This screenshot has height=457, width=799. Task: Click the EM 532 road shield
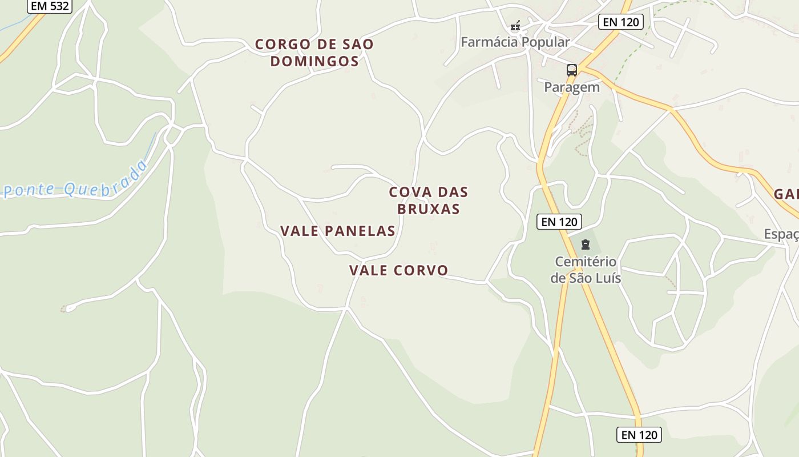click(49, 6)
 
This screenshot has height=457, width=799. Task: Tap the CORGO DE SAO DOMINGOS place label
click(314, 53)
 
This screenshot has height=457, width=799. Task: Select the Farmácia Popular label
click(515, 42)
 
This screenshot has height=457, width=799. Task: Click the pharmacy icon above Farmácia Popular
click(515, 25)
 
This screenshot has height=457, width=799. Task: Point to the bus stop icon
click(571, 70)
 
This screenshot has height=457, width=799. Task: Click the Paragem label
click(571, 87)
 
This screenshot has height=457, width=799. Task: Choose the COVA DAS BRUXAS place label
click(428, 201)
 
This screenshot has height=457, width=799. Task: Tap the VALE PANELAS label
click(337, 231)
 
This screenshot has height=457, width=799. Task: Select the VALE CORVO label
click(398, 270)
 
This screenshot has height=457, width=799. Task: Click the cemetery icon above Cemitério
click(585, 244)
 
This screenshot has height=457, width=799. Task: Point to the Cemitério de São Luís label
click(586, 270)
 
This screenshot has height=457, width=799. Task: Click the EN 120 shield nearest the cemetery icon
click(559, 222)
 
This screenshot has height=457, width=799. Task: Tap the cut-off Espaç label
click(781, 234)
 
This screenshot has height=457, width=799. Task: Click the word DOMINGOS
click(314, 61)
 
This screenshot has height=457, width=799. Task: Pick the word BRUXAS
click(428, 209)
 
